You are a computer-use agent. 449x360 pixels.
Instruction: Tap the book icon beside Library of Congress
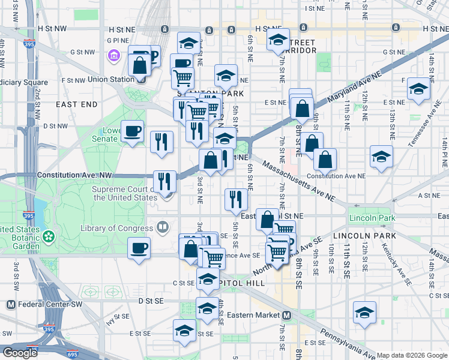pos(162,227)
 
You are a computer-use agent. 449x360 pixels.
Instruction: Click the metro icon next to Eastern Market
pos(287,315)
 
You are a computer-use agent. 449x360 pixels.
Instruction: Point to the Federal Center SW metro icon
pos(10,304)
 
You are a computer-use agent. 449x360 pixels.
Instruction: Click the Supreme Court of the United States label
pos(124,193)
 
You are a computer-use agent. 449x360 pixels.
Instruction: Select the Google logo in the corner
pos(19,353)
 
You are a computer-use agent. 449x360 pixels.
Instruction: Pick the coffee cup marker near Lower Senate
pos(132,131)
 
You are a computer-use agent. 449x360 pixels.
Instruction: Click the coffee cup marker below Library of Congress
pos(139,248)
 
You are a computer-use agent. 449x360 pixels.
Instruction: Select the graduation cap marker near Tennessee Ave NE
pos(418,89)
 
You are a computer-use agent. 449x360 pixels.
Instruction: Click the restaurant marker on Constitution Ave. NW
pos(164,181)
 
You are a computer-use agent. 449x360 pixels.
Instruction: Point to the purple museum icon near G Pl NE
pos(113,57)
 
